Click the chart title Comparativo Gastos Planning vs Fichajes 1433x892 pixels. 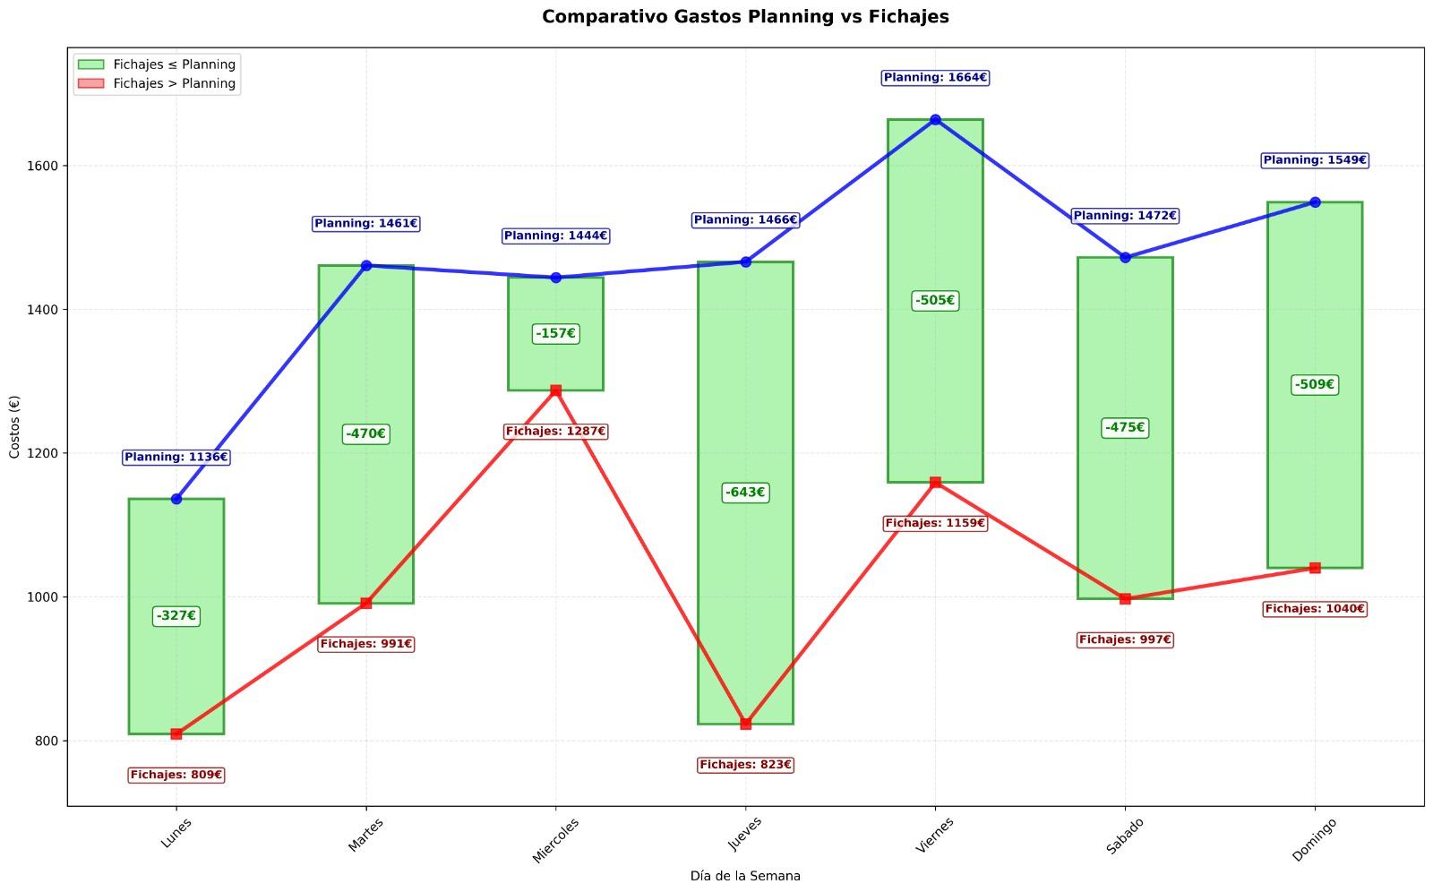point(745,17)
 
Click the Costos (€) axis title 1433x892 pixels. point(14,426)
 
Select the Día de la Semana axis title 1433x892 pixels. point(745,876)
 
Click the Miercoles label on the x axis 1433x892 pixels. point(556,839)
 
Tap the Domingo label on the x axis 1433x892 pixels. point(1315,838)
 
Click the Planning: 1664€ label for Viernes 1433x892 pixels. point(935,78)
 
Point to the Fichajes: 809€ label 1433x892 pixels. point(176,775)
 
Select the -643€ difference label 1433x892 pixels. point(745,493)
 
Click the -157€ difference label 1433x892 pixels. point(555,334)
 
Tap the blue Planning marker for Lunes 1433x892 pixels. point(176,499)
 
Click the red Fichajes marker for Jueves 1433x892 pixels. point(746,724)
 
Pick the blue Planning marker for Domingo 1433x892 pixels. point(1315,202)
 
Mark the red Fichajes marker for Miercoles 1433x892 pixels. point(556,390)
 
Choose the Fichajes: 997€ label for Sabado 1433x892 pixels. point(1125,639)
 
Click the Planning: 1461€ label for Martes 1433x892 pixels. point(366,223)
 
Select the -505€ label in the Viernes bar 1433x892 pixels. point(935,301)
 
